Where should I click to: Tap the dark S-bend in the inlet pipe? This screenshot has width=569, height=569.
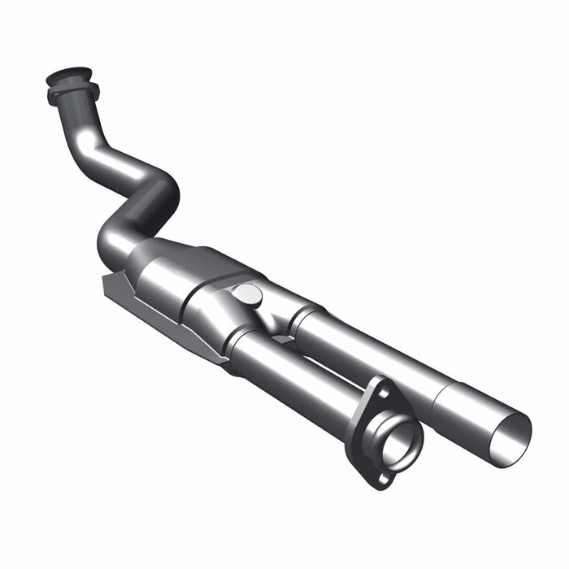pyautogui.click(x=154, y=195)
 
